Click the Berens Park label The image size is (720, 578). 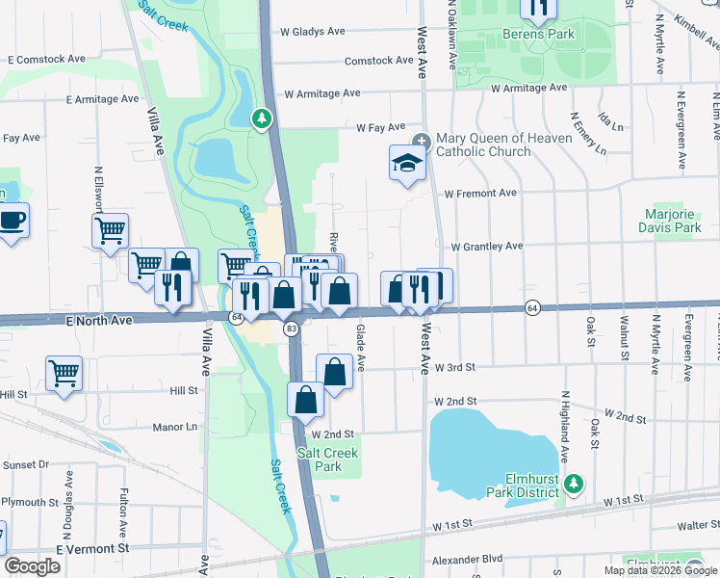point(538,34)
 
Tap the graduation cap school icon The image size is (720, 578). point(407,162)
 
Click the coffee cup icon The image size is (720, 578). point(12,220)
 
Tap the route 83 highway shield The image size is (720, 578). point(290,329)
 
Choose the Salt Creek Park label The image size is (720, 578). point(327,460)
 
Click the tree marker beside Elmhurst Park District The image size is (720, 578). point(575,482)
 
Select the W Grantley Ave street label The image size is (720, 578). point(482,247)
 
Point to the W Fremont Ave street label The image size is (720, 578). point(480,193)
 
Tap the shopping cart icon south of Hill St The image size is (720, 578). point(64,372)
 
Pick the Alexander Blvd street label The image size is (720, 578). point(467,558)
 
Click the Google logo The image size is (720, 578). point(33,566)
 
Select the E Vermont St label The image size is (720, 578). point(92,548)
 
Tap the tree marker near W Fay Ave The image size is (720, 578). point(260,118)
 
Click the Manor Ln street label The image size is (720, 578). point(175,425)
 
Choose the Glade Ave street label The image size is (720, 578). point(361,349)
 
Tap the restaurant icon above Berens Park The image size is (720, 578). point(538,8)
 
